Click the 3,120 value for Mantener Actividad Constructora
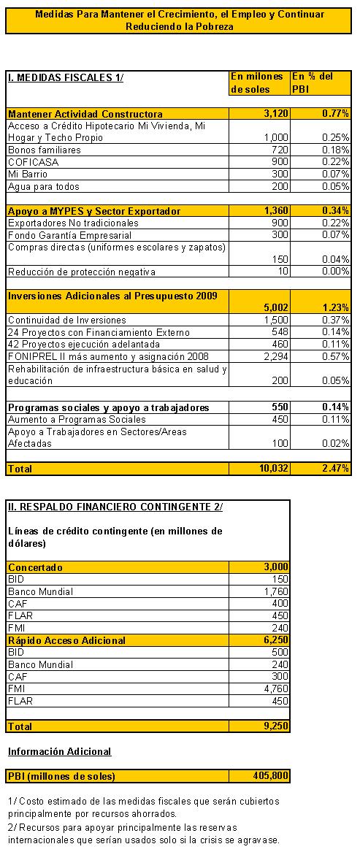tap(274, 114)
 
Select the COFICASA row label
tap(33, 161)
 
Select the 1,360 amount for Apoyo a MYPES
tap(274, 211)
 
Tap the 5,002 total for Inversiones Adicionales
tap(274, 308)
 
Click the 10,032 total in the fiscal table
tap(271, 467)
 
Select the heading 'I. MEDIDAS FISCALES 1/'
tap(65, 77)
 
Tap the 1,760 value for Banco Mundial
tap(276, 591)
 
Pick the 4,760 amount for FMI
tap(276, 689)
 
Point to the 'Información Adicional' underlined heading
tap(59, 751)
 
